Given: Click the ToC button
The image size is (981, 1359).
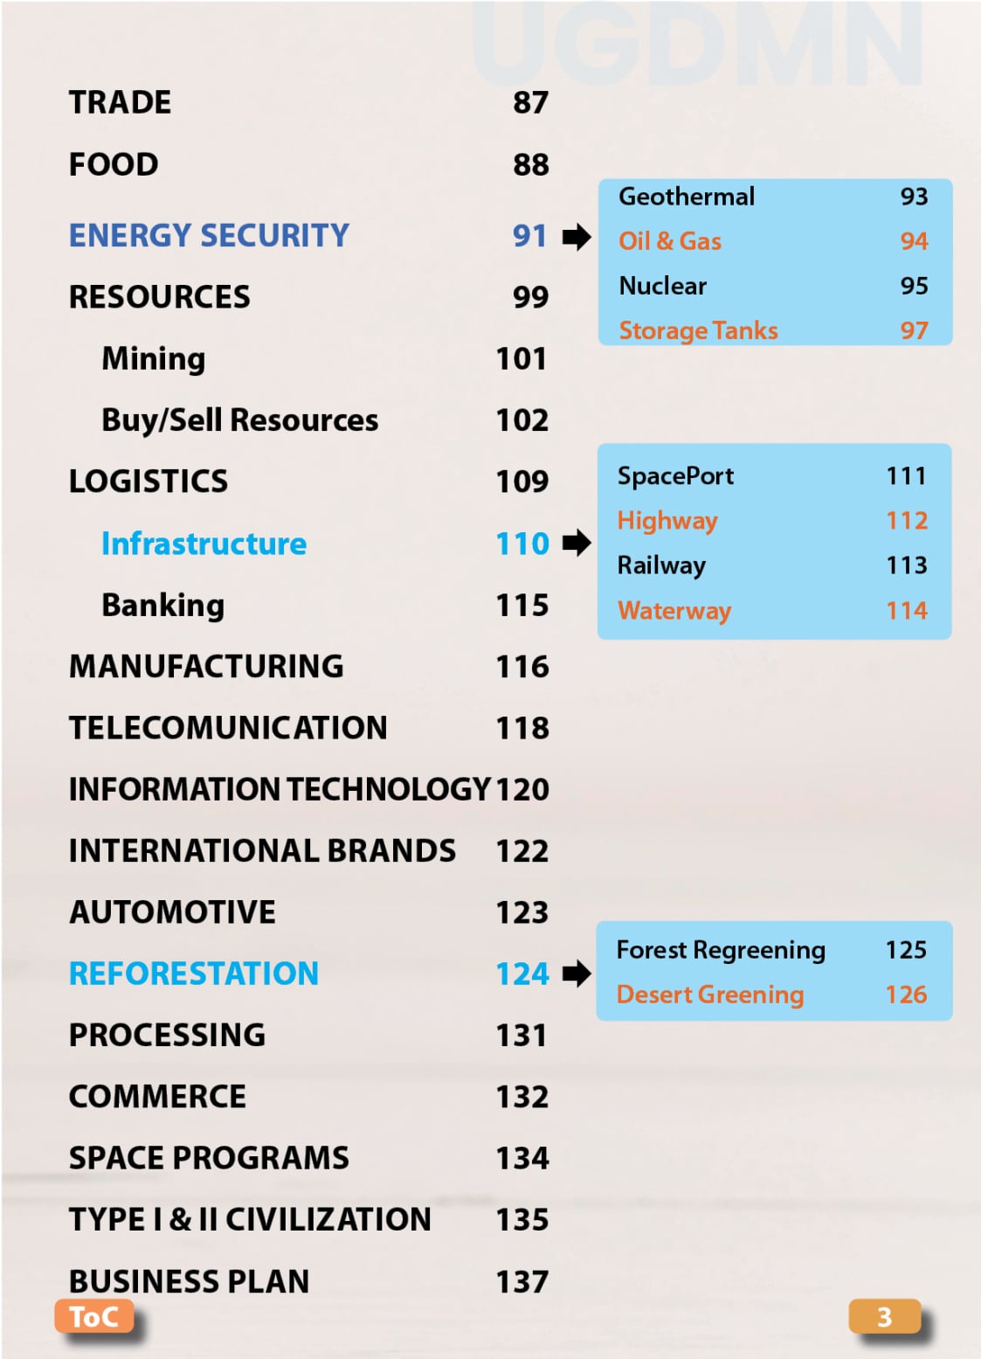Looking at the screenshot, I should [93, 1316].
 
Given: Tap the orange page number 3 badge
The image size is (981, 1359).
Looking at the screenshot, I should [883, 1316].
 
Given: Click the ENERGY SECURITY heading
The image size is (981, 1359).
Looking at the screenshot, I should [209, 235].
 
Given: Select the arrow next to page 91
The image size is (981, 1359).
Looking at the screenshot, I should [576, 236].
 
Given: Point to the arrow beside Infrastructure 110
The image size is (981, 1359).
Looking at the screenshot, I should [576, 543].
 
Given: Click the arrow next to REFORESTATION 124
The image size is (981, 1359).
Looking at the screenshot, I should [576, 973].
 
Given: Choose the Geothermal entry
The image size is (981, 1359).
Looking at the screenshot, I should [687, 197].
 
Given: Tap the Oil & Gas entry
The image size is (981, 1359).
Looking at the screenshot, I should [670, 241].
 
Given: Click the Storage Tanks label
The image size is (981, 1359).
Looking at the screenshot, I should [698, 330].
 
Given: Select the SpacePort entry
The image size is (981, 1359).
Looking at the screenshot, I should [675, 476].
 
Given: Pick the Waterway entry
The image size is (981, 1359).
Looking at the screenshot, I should [674, 610].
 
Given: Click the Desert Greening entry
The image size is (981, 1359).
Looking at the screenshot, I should [709, 995].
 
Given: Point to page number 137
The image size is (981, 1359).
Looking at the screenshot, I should [522, 1281].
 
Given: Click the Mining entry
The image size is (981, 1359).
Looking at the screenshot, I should [154, 358].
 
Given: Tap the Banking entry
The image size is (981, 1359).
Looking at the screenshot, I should [163, 605].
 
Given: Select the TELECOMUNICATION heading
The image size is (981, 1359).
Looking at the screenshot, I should [228, 727].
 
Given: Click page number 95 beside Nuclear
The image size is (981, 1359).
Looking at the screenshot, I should [914, 286].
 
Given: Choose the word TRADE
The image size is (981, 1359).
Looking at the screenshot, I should [120, 102].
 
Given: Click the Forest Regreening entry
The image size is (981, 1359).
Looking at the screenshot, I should [721, 950].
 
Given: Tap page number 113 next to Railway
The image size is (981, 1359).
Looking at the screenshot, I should [906, 565].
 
